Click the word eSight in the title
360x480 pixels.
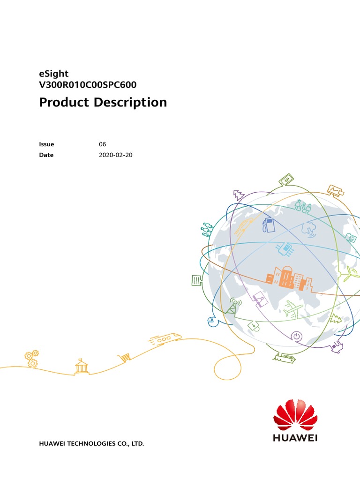[54, 74]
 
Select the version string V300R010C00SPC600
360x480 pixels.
[88, 85]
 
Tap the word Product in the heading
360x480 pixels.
[64, 102]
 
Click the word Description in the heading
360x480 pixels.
[130, 103]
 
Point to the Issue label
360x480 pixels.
[46, 144]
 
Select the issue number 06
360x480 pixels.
[102, 144]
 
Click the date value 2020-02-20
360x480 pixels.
[116, 155]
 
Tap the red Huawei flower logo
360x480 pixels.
[295, 415]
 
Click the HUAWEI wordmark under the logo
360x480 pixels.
[295, 438]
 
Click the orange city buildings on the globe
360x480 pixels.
[289, 278]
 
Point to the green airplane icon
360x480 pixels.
[293, 309]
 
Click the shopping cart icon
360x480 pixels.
[124, 357]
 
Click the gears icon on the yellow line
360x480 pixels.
[31, 359]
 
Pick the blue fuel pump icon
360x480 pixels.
[269, 225]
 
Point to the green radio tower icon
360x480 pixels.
[233, 306]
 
